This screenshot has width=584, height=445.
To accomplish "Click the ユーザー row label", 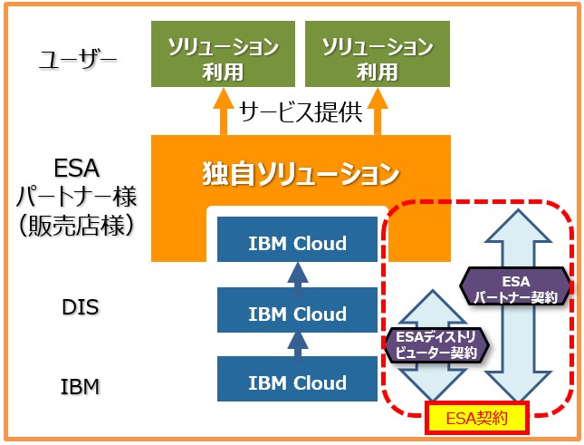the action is [x=78, y=60].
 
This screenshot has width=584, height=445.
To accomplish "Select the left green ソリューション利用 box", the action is [x=223, y=54].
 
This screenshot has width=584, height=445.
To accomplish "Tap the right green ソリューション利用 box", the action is [x=378, y=54].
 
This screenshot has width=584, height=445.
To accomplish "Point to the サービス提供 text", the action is [x=301, y=111].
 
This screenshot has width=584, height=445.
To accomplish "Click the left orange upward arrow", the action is [x=224, y=111].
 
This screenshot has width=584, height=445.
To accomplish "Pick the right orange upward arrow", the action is [x=378, y=111].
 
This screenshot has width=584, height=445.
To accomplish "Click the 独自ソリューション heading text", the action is [x=301, y=174].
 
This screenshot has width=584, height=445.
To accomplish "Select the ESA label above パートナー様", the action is [x=77, y=168].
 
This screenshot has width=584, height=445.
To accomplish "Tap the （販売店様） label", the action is [x=76, y=226].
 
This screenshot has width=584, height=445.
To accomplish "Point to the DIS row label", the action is [x=81, y=307].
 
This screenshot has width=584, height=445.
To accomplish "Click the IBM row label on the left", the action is [x=80, y=386].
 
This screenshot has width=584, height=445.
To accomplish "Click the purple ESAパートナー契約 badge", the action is [x=515, y=286].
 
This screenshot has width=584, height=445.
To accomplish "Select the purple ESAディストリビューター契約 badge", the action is [x=436, y=344].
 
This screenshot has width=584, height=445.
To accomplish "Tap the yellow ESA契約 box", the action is [x=477, y=418].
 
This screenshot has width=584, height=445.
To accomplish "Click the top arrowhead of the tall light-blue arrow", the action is [x=518, y=225].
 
